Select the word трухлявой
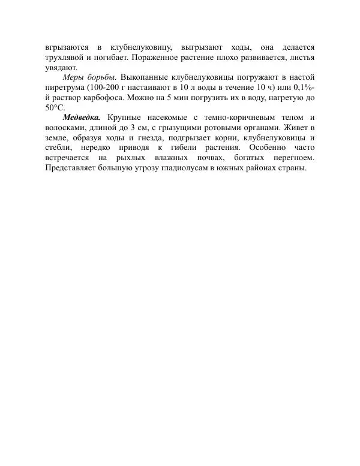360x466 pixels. point(65,57)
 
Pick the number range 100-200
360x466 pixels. point(111,88)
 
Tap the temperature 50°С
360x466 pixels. point(55,108)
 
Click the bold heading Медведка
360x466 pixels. point(81,118)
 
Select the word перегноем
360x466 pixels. point(293,159)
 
